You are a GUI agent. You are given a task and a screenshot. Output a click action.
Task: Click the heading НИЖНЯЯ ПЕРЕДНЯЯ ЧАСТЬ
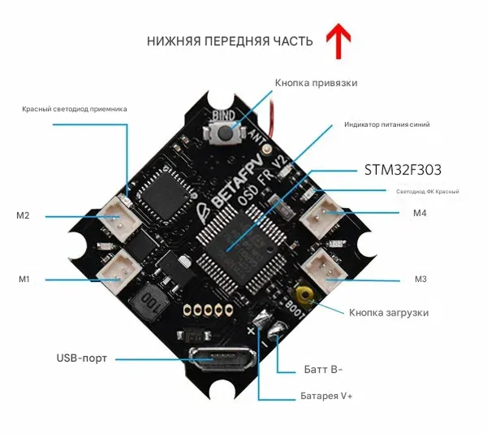(230, 41)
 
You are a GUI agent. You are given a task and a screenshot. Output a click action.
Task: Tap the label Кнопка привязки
(316, 83)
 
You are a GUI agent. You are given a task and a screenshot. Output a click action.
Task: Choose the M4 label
(419, 214)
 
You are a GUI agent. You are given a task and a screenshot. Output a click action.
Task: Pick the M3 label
(420, 280)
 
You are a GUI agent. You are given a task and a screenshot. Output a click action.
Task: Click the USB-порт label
(81, 358)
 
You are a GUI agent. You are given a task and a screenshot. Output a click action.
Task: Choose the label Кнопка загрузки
(389, 312)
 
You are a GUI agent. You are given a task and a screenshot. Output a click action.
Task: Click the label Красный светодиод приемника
(75, 108)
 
